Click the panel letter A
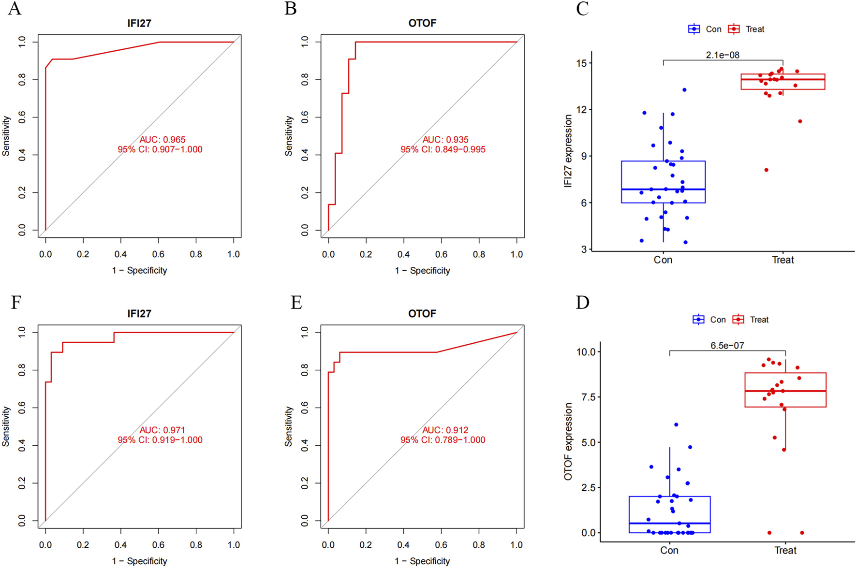click(x=15, y=9)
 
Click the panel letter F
click(x=16, y=303)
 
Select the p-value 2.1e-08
click(x=723, y=55)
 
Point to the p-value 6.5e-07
click(x=727, y=346)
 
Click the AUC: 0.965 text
click(x=163, y=140)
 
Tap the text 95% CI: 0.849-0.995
click(x=443, y=150)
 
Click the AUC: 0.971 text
click(x=163, y=430)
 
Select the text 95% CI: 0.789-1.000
click(x=443, y=440)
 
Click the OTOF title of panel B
click(x=422, y=23)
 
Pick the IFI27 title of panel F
click(x=139, y=314)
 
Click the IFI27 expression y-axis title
click(x=568, y=151)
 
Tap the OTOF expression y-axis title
click(x=568, y=441)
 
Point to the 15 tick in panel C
click(x=581, y=63)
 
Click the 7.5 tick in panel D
click(x=586, y=397)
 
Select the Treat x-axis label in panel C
click(x=783, y=260)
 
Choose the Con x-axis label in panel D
click(x=669, y=551)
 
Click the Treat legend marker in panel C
click(x=734, y=29)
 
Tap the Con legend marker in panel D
click(x=698, y=320)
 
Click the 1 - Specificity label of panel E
click(x=422, y=561)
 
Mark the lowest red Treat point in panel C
click(x=767, y=170)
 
